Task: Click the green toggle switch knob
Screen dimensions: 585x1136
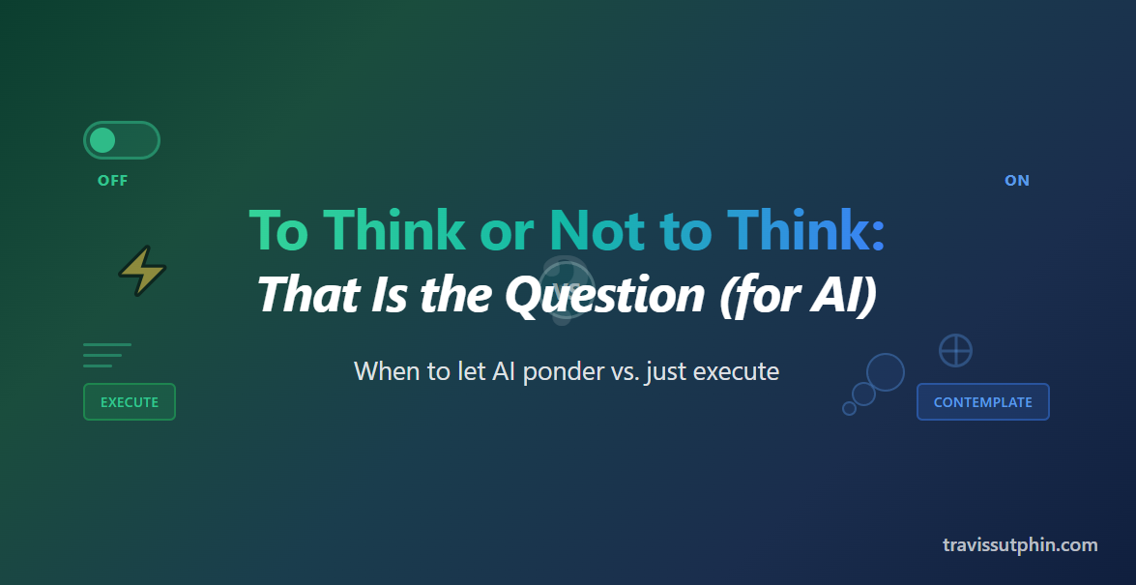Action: click(102, 140)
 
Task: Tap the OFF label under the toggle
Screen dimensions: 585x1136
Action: click(112, 181)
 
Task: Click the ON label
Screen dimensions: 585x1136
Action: click(1017, 181)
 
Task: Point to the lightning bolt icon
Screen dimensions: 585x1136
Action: click(142, 272)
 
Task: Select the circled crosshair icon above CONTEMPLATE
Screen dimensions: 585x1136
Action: click(955, 350)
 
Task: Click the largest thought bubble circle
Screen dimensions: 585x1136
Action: click(885, 372)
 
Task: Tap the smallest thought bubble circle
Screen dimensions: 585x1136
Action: click(849, 408)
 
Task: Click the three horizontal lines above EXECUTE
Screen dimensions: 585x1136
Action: click(106, 355)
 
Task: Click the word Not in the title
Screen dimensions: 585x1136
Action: click(597, 230)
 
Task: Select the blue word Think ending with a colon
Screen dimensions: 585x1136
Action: click(805, 230)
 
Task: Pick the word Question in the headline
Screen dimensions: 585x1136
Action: click(605, 293)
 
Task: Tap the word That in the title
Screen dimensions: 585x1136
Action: click(299, 293)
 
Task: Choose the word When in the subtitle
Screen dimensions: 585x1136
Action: click(383, 371)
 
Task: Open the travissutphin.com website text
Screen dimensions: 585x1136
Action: click(1020, 544)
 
